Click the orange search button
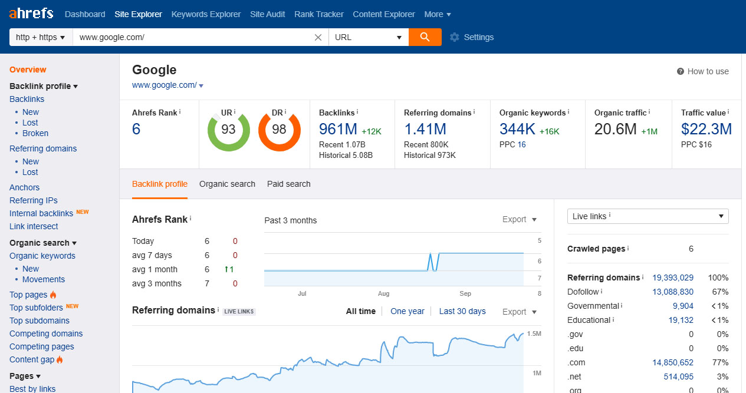point(425,37)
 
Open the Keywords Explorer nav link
point(206,14)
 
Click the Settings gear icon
point(454,37)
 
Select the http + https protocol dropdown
point(41,37)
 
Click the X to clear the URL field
point(318,37)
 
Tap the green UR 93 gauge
point(228,130)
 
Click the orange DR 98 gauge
point(279,130)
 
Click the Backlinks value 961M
point(338,129)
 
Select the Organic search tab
point(227,184)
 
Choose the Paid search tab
point(288,184)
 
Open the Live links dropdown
point(648,216)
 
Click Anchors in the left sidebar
point(25,187)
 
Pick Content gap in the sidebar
point(32,359)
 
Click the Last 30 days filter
point(462,311)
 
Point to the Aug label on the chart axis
point(384,293)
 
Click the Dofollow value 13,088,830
point(672,292)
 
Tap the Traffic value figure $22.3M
point(706,129)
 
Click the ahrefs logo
point(31,13)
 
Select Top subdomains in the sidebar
point(40,321)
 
